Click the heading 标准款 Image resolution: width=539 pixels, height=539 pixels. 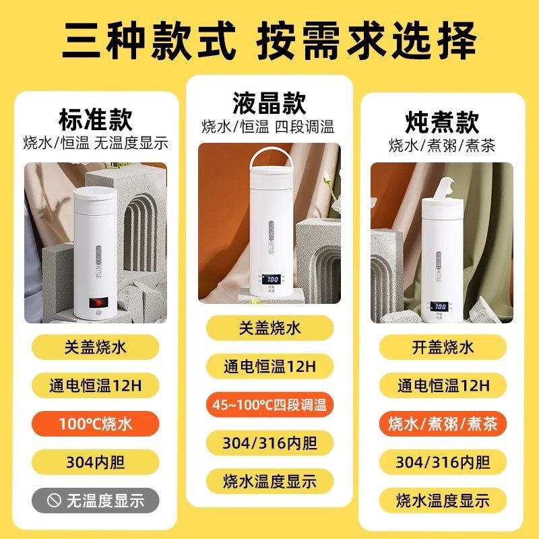pos(95,119)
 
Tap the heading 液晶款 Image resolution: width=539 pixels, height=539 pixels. pos(269,103)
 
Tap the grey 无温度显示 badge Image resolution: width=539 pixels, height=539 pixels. pos(95,501)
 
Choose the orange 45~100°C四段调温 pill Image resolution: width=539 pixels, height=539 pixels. pos(269,405)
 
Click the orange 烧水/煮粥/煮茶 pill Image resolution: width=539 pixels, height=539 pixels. pos(443,424)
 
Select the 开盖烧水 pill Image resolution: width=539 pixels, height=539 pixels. pos(443,347)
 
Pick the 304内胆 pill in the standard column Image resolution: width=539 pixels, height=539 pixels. pos(95,462)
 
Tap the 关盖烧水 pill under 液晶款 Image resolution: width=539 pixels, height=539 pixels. pos(269,329)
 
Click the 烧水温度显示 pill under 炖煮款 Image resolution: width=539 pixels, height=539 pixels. pos(443,500)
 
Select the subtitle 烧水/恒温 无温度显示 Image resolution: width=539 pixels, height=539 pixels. pos(95,144)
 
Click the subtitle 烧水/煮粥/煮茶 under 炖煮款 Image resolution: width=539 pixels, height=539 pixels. pos(442,146)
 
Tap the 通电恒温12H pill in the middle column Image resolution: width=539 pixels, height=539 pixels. pos(269,367)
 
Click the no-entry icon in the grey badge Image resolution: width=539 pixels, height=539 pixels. pos(54,501)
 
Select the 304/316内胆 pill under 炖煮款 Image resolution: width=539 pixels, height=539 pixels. pos(443,462)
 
